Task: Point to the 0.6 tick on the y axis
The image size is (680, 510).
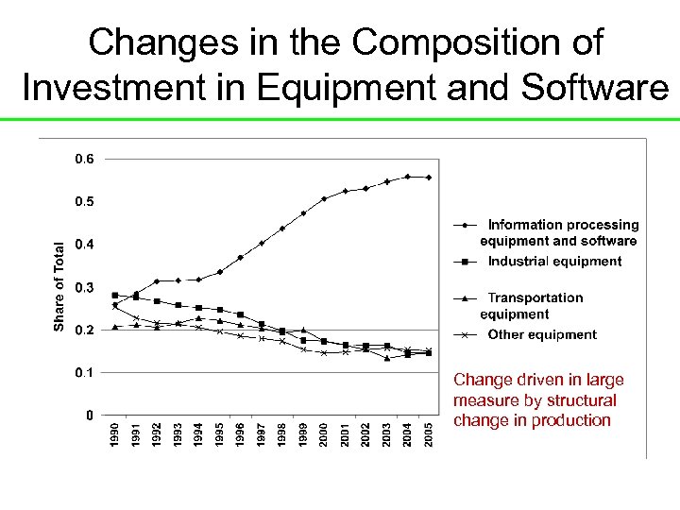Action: [x=84, y=159]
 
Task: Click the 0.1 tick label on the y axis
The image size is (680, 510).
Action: [x=84, y=372]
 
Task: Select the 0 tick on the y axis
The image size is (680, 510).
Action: [x=89, y=415]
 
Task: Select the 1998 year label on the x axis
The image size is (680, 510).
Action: [x=282, y=436]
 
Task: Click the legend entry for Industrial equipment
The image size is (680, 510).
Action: [x=554, y=261]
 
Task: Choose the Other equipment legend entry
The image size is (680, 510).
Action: [x=542, y=334]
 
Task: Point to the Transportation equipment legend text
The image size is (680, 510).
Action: [x=535, y=306]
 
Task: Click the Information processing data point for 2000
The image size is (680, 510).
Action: [x=324, y=199]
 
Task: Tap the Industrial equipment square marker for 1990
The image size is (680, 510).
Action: [x=115, y=296]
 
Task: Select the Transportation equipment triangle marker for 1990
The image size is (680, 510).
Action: [x=115, y=327]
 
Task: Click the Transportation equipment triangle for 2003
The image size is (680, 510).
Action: [x=386, y=358]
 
